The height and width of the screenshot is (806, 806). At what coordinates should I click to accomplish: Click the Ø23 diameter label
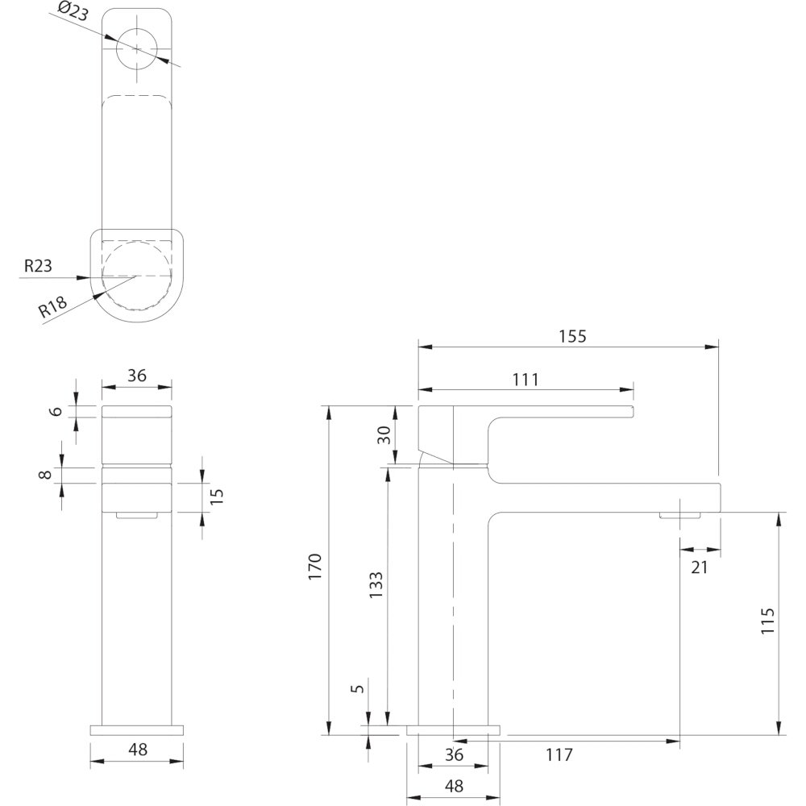73,12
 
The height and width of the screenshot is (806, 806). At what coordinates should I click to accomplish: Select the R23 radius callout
38,266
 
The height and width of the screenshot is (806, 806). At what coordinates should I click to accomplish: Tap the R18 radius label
53,307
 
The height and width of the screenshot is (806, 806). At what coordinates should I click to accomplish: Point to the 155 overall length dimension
572,336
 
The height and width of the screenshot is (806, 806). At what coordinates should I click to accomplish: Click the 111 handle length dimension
526,380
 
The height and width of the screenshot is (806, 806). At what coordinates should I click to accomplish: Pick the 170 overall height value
314,567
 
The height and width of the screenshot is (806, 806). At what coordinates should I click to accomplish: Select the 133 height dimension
376,584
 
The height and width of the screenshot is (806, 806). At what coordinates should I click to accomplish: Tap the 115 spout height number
767,621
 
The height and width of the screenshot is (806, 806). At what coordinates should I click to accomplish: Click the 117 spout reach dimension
559,754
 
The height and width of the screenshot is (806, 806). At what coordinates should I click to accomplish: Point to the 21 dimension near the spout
699,567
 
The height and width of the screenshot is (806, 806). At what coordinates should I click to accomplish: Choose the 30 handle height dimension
384,435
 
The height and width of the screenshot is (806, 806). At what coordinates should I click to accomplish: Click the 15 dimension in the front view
217,496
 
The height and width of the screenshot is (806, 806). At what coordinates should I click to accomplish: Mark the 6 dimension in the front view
56,411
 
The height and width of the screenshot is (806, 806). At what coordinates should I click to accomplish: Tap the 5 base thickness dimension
359,688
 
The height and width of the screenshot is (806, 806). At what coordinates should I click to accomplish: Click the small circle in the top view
137,48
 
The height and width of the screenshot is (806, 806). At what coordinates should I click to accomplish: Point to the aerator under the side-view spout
680,515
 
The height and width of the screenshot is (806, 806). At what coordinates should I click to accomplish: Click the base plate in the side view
453,730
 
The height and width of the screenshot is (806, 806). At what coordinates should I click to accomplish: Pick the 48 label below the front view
138,750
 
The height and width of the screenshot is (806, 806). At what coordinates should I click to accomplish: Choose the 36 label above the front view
137,376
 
